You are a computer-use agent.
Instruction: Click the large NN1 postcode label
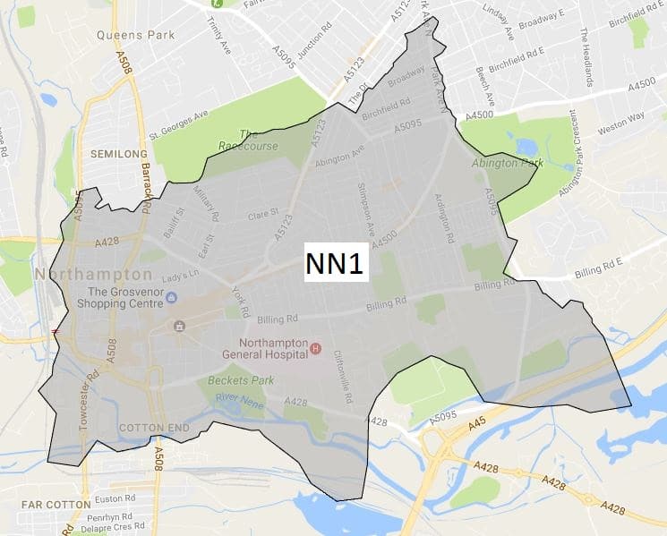pyautogui.click(x=337, y=263)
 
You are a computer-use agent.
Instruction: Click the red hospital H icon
pyautogui.click(x=314, y=345)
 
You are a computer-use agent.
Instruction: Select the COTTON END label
pyautogui.click(x=154, y=428)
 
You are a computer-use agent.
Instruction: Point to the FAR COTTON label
pyautogui.click(x=33, y=505)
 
